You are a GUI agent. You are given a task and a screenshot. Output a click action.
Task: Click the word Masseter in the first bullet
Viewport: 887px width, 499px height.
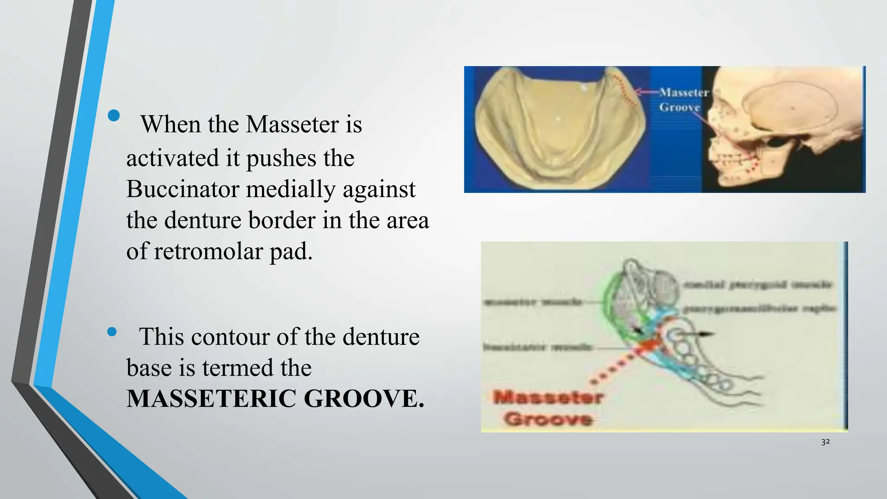[292, 124]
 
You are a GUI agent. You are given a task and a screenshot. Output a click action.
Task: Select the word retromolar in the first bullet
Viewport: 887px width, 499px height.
[208, 252]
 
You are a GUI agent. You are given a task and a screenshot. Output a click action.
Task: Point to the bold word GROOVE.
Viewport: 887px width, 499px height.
[364, 399]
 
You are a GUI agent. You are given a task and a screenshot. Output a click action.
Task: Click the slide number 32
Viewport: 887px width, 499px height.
[825, 442]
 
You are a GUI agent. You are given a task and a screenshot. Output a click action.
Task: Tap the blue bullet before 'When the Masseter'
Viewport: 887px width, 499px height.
[114, 115]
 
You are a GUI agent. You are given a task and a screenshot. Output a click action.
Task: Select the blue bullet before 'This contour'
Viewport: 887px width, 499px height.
[112, 332]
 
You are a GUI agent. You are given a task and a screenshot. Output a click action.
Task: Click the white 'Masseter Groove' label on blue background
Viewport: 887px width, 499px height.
[683, 100]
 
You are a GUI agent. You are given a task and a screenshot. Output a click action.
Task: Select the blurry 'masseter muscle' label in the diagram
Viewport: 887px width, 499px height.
[533, 302]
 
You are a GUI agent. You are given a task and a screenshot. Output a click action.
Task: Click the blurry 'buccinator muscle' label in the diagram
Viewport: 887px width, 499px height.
[537, 347]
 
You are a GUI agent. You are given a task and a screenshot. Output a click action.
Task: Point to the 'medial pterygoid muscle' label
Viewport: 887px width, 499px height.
[758, 285]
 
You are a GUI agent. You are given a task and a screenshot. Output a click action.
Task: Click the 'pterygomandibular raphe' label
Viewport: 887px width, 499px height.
[760, 309]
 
